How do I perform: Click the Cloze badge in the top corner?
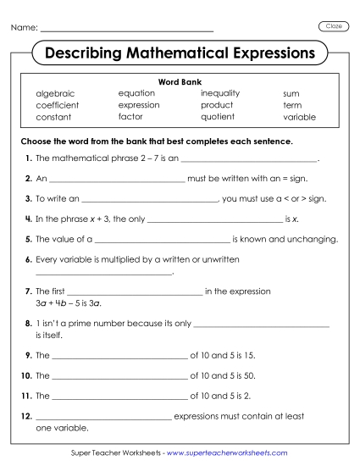[x=334, y=26]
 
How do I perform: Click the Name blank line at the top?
[x=127, y=31]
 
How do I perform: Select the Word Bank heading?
[x=179, y=82]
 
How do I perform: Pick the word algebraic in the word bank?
[x=55, y=93]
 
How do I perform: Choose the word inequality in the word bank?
[x=220, y=93]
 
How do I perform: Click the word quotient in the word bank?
[x=218, y=117]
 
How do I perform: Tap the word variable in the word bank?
[x=299, y=117]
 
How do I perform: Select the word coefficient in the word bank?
[x=57, y=105]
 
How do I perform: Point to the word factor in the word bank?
[x=130, y=117]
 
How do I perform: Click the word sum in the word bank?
[x=291, y=93]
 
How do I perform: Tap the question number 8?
[x=29, y=323]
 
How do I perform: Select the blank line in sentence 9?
[x=119, y=358]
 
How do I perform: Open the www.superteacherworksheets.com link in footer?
[x=227, y=454]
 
